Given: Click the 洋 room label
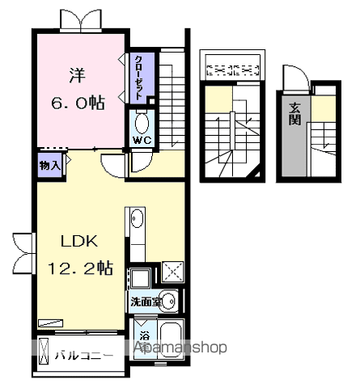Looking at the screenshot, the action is pos(78,75).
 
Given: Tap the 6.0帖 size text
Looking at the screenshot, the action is pos(78,103).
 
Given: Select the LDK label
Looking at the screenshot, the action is pos(79,241).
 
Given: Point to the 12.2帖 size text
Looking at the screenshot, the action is pos(80,268).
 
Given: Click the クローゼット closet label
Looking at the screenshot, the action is pos(138,78).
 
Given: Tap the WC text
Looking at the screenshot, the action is pos(142,141).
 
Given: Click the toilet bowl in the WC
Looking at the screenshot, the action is pos(142,123).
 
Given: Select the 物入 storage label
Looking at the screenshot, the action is pos(50,165).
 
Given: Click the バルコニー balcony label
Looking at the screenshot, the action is pos(84,356).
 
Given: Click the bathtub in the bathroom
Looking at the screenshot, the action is pos(171,340).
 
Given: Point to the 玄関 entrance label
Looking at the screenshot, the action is pos(294,114).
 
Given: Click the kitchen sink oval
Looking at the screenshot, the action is pos(137,218).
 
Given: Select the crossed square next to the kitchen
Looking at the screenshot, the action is pos(173,272).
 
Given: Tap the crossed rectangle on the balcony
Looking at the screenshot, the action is pos(44,351).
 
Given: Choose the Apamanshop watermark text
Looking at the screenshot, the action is pos(180,347).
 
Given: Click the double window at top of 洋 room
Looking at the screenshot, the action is pos(81,19).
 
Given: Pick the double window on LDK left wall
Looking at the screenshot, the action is pos(23,254).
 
